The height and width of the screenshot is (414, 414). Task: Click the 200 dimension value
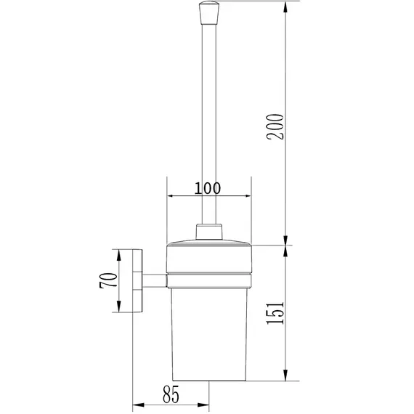click(x=275, y=126)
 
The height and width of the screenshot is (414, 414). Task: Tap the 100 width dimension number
click(x=208, y=188)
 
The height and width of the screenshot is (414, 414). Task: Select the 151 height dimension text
click(x=275, y=313)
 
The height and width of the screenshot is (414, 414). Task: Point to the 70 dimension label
click(x=108, y=280)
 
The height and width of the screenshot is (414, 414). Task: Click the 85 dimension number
click(x=171, y=394)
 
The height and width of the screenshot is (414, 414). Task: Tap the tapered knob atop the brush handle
click(x=209, y=12)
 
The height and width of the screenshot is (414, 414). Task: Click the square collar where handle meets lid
click(x=209, y=232)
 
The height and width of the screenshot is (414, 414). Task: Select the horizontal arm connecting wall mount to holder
click(x=155, y=280)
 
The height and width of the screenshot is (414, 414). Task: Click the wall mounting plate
click(x=137, y=280)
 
